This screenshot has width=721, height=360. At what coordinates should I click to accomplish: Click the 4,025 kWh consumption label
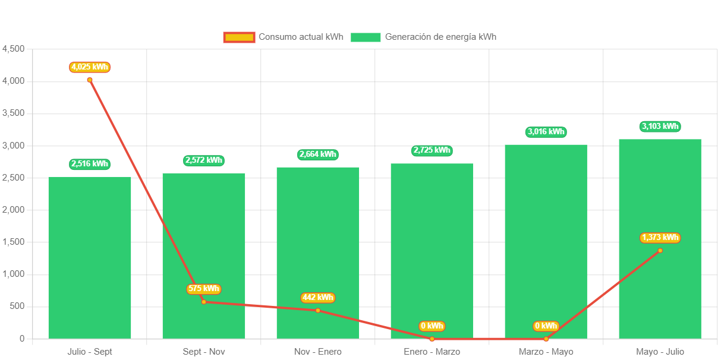90,67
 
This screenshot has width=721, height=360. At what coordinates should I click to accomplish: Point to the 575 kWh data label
204,289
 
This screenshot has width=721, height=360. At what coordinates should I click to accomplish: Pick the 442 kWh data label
318,297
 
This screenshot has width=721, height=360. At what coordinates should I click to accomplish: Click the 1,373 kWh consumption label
660,238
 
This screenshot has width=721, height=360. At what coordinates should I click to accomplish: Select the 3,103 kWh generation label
660,126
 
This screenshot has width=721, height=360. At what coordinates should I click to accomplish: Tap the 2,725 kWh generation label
432,150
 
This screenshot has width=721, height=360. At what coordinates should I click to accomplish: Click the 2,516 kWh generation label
90,164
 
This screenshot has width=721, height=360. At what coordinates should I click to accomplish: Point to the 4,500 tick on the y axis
13,48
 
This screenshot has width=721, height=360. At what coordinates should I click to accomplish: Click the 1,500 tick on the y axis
13,242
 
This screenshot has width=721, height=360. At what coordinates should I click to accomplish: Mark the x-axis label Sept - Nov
204,352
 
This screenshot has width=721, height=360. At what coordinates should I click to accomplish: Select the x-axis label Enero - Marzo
432,352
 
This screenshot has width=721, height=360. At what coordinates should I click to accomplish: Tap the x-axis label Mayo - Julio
660,352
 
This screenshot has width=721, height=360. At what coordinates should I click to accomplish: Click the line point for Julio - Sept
90,80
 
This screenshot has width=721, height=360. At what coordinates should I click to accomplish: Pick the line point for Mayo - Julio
660,250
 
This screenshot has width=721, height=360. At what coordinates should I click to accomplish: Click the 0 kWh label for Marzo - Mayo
546,326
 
